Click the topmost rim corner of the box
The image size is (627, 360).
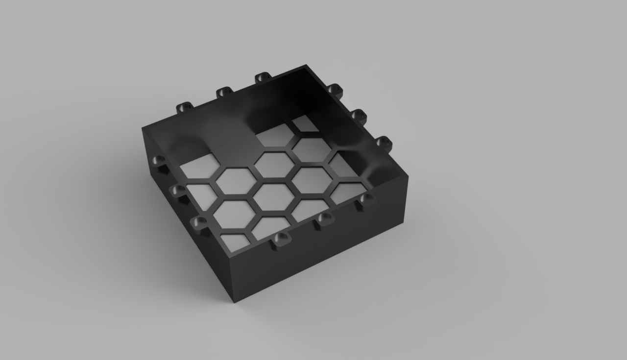click(x=307, y=65)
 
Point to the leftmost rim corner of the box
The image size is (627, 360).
click(x=143, y=128)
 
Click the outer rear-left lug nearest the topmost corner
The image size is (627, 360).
click(x=263, y=77)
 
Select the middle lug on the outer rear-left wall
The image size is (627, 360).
click(x=224, y=92)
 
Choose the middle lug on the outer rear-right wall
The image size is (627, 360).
click(x=359, y=116)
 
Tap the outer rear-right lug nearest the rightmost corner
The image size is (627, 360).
click(x=384, y=143)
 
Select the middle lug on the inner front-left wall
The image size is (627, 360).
click(x=178, y=191)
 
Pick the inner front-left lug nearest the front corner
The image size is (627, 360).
click(x=200, y=223)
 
